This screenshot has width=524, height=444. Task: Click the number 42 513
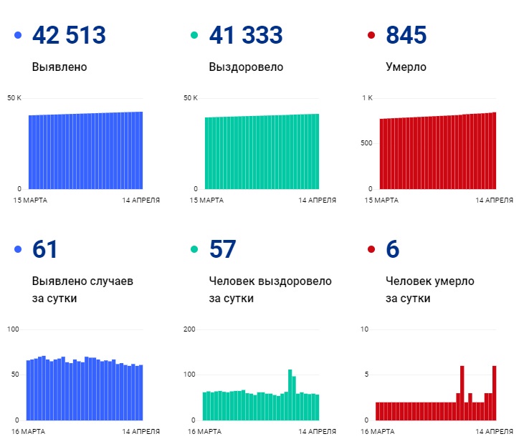tap(69, 35)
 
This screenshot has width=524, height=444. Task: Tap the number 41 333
tap(245, 35)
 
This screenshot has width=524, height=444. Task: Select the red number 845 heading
tap(406, 35)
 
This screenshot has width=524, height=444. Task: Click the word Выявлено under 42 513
tap(59, 67)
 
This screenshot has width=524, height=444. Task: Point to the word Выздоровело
tap(246, 67)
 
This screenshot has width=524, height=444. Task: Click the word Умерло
tap(406, 67)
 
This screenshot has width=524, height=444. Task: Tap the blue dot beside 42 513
tap(18, 35)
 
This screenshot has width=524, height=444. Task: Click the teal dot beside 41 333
tap(194, 35)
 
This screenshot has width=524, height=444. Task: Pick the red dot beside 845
tap(371, 35)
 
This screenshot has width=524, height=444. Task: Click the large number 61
tap(45, 249)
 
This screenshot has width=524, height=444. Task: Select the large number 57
tap(222, 249)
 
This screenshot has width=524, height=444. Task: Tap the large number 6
tap(392, 249)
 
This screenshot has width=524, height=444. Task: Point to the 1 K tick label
tap(367, 97)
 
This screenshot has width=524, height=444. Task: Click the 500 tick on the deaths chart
tap(366, 143)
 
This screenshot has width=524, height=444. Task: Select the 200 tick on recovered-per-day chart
tap(190, 329)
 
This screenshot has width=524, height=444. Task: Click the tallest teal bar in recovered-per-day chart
tap(290, 394)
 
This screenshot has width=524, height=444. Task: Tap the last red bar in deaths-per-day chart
tap(494, 392)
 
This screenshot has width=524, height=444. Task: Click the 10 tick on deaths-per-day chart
tap(365, 329)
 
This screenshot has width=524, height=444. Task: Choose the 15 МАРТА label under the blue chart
tap(30, 200)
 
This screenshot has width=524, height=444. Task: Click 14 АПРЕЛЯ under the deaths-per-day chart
tap(495, 431)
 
